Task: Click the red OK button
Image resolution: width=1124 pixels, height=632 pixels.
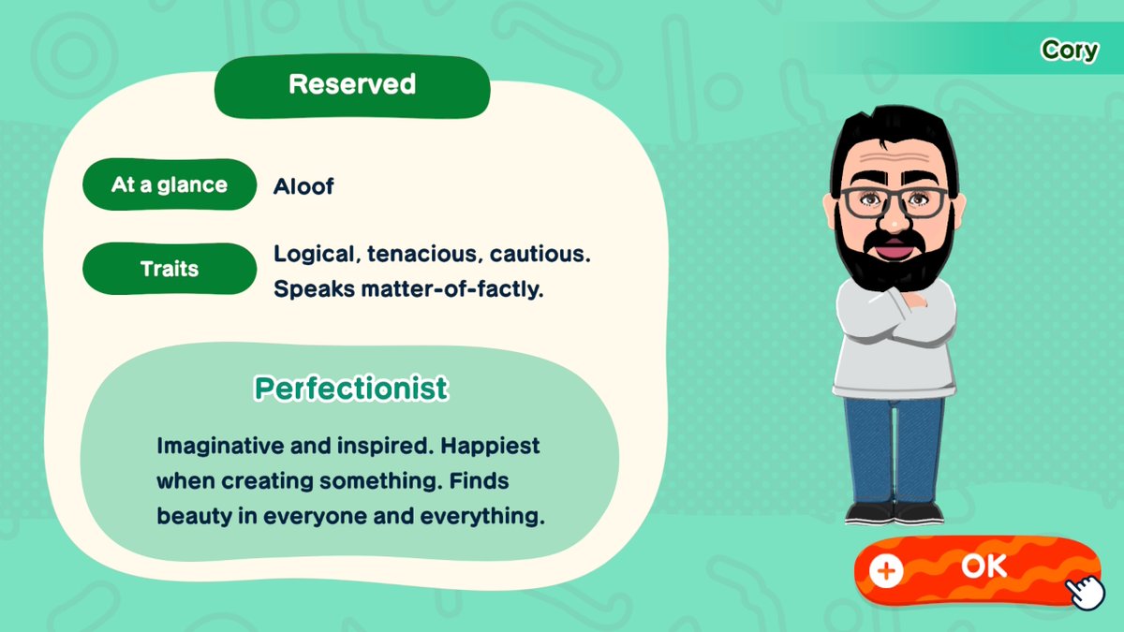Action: click(x=978, y=570)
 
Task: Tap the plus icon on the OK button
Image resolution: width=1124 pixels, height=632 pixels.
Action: click(x=886, y=571)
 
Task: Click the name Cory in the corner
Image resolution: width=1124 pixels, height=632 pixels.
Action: click(x=1070, y=51)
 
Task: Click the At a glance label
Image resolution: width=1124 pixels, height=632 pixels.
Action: click(x=170, y=184)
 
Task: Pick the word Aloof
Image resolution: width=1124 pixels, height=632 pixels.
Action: click(x=303, y=186)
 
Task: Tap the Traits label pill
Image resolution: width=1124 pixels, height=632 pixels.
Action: click(x=170, y=269)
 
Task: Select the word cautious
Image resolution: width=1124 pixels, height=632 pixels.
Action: click(x=540, y=255)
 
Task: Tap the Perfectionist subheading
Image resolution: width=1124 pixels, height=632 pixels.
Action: click(x=351, y=389)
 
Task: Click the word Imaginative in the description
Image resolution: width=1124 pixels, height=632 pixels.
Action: click(x=219, y=447)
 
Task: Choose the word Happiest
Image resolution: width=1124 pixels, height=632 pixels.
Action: click(x=490, y=447)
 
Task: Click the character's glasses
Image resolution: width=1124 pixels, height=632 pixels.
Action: click(x=894, y=201)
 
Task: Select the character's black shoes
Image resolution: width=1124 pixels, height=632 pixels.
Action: click(x=895, y=513)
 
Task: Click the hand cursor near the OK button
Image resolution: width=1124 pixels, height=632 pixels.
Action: click(x=1086, y=593)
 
